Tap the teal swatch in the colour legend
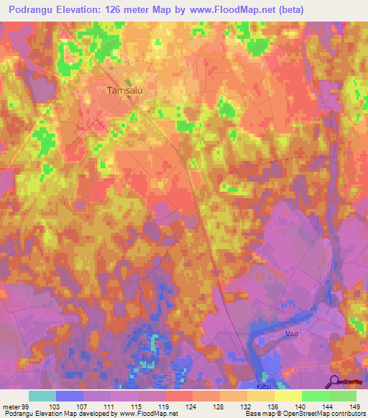(x=42, y=396)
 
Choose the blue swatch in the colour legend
(x=70, y=396)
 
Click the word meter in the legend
(x=11, y=407)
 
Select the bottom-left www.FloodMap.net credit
(x=143, y=414)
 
